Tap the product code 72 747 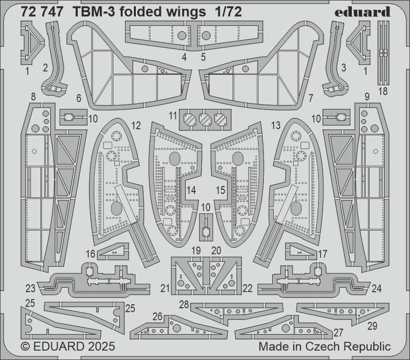point(42,13)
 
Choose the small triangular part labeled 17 point(299,252)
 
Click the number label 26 point(157,317)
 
